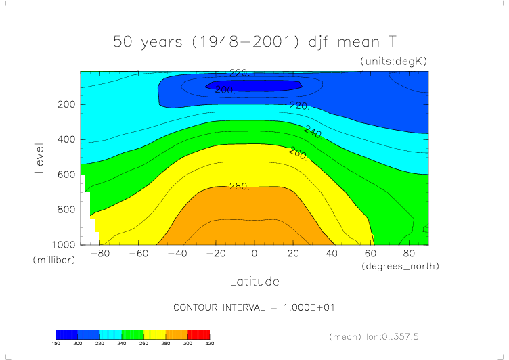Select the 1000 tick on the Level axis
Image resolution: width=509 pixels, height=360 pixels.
pos(63,244)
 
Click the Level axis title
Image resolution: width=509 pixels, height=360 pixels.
pos(40,157)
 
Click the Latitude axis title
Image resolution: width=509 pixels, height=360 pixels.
pos(254,280)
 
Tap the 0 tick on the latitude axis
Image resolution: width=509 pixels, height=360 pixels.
pos(254,254)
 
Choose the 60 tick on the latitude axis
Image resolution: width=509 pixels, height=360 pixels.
pos(370,254)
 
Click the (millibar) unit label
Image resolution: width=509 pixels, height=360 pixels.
pos(51,260)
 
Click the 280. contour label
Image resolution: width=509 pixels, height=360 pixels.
pos(240,186)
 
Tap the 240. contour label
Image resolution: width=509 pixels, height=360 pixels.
pos(313,131)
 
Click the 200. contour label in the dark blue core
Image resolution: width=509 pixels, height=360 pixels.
pos(225,89)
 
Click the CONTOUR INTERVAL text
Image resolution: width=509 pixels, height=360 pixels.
pos(255,307)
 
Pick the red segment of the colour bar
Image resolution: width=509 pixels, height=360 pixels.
pos(198,334)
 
